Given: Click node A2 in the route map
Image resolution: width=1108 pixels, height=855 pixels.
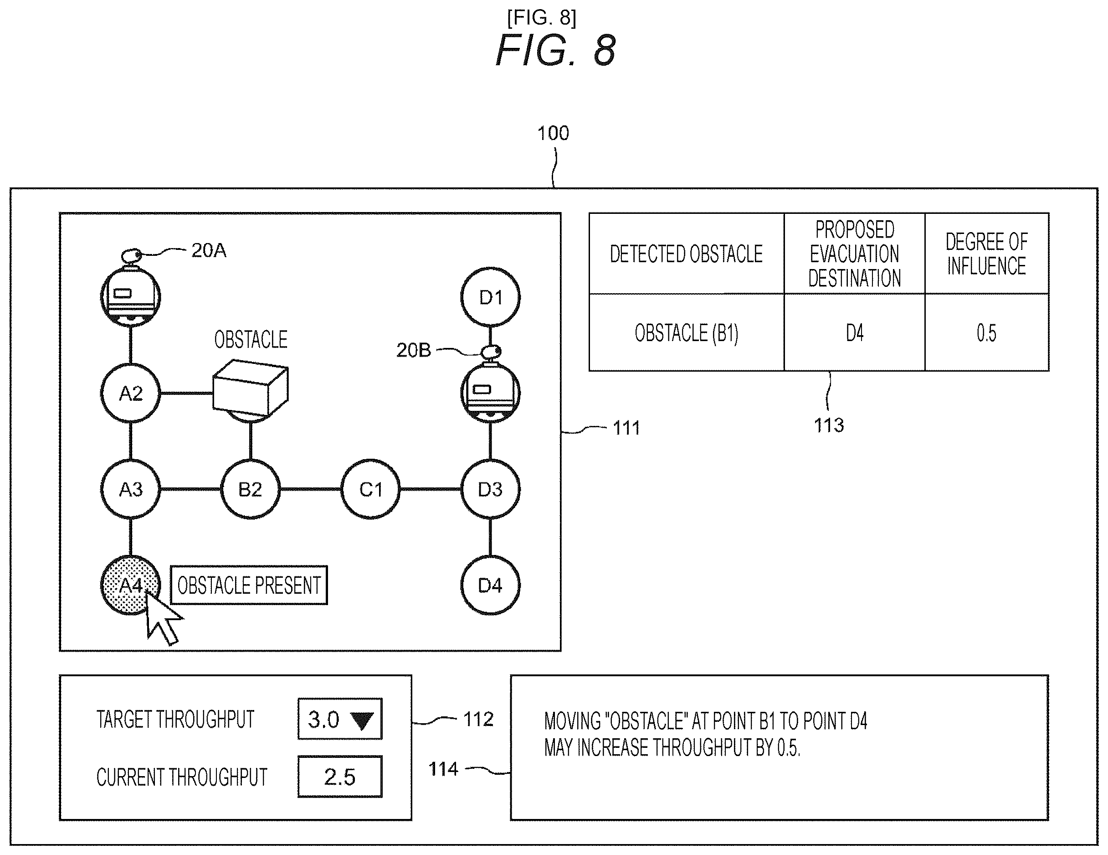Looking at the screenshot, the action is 130,393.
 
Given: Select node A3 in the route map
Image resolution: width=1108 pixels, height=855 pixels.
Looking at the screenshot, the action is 130,489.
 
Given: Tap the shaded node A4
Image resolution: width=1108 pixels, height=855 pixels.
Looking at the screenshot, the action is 130,585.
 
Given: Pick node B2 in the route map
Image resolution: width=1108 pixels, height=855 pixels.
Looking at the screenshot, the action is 250,489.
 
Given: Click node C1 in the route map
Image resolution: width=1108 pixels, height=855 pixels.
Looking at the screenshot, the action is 370,489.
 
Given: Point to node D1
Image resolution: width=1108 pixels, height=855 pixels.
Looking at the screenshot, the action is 490,297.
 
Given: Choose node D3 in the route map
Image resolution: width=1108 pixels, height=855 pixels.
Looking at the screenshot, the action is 490,489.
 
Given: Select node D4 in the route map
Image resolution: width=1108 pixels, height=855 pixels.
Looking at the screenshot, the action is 490,585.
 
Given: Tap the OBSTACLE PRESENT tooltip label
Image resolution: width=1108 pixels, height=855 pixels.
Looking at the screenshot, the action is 249,585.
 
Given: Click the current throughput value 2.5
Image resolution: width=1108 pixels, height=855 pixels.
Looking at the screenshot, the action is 340,777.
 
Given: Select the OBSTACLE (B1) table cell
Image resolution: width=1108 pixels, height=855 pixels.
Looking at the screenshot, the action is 687,332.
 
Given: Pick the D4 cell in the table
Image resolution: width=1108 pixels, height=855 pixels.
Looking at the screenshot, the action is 854,332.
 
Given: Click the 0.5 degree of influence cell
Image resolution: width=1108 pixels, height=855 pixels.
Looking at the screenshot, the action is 987,332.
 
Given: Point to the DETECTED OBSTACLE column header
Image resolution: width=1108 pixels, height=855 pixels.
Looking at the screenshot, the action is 687,254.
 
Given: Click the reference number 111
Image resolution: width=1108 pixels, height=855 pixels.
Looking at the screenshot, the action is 626,428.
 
